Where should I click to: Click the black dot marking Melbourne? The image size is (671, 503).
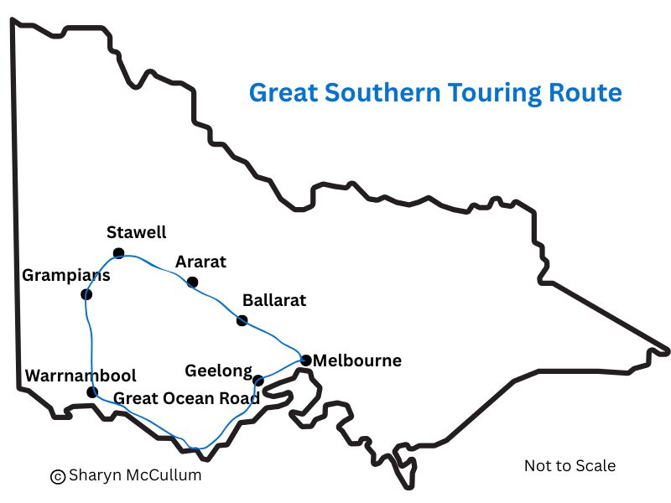[x=306, y=360]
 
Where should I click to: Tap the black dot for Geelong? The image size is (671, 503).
[x=258, y=381]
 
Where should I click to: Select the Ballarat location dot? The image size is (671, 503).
[x=242, y=320]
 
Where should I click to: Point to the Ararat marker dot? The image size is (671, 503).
[x=192, y=282]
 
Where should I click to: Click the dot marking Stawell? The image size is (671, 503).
[x=119, y=253]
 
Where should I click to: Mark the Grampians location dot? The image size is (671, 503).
[x=86, y=294]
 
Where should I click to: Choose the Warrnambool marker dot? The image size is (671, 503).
[x=92, y=392]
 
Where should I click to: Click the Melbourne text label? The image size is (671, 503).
[x=356, y=361]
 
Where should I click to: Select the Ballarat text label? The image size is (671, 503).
[x=274, y=300]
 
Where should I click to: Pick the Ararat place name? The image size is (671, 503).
[x=200, y=262]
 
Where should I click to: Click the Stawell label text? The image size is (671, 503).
[x=137, y=232]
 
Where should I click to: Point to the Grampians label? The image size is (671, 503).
[x=65, y=275]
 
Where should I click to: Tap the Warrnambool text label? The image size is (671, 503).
[x=81, y=376]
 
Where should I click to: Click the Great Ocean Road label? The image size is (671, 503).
[x=186, y=397]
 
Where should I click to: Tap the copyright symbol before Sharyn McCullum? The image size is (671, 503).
[x=58, y=476]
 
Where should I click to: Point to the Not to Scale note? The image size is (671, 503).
[x=570, y=465]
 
